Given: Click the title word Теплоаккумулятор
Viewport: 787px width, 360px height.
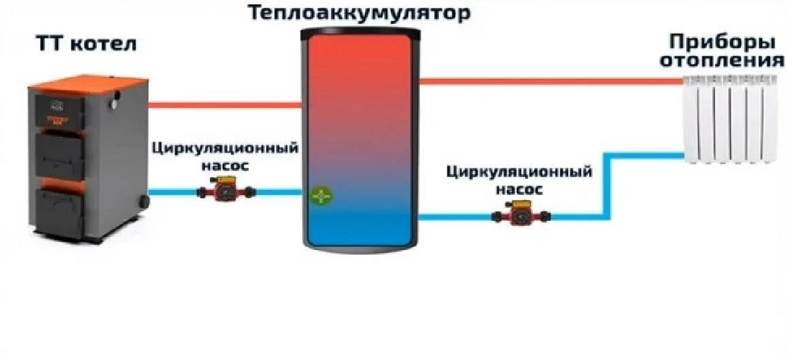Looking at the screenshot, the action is pos(358,12).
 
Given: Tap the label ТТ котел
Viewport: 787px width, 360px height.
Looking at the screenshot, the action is pos(86,45).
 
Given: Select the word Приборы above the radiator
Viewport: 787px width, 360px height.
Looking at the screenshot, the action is pos(722,42).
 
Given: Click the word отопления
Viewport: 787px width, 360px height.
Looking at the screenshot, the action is pos(722,61).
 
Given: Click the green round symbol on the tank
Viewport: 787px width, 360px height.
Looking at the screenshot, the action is pos(322,196).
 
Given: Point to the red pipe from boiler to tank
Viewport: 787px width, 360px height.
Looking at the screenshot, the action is pos(224,105).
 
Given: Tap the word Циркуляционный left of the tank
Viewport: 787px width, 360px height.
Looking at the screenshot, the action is pos(225,148).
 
